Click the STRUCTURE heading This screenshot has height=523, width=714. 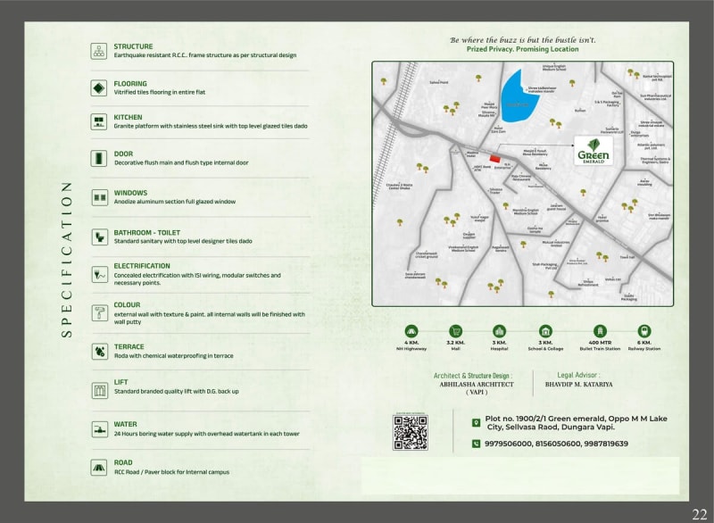[x=133, y=46]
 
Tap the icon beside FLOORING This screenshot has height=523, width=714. [x=99, y=87]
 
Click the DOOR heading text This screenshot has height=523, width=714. [x=123, y=154]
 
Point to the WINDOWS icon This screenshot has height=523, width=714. [x=99, y=197]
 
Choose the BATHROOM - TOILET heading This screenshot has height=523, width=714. [x=146, y=233]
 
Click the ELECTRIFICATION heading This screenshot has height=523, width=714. [x=142, y=266]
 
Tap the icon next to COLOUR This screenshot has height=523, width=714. [x=99, y=312]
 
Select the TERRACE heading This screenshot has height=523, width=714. [x=129, y=346]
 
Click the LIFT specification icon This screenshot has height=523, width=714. [x=99, y=389]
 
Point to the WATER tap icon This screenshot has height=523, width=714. [x=99, y=428]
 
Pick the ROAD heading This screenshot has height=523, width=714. [x=123, y=462]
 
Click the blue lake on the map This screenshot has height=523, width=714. [x=512, y=98]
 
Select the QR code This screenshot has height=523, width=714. [x=411, y=433]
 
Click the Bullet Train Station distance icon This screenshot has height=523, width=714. [x=600, y=331]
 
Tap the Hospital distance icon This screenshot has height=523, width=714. [x=501, y=331]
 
